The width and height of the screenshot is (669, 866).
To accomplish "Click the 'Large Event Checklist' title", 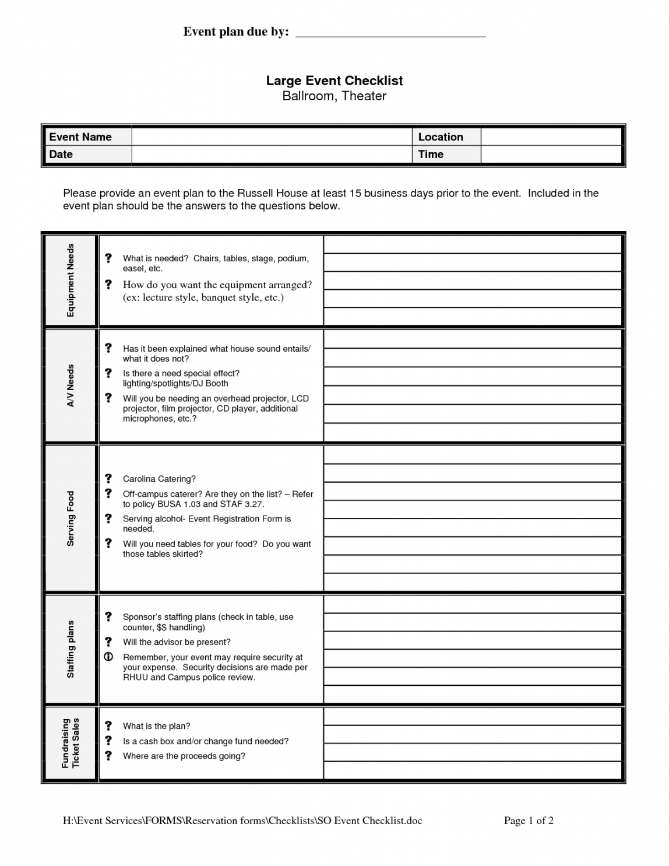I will coord(334,80).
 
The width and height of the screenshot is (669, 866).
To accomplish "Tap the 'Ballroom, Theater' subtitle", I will coord(334,96).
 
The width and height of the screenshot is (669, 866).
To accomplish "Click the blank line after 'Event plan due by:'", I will coord(390,33).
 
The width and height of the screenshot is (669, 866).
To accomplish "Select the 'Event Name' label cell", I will coord(87,137).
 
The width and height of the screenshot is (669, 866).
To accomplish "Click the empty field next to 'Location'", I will coord(551,137).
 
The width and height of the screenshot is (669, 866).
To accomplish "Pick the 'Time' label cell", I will coord(446,155).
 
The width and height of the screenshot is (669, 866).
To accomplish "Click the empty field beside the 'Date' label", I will coord(271,155).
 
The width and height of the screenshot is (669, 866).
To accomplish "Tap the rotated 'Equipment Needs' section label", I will coord(71,281).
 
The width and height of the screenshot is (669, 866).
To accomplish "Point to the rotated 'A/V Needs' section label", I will coord(71,385).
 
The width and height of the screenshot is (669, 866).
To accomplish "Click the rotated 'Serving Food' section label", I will coord(71,518).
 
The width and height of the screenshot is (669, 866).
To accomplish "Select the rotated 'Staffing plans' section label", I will coord(71,649).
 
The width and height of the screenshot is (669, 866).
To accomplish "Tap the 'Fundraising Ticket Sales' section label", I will coord(71,743).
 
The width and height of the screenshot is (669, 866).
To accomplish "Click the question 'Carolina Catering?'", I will coord(159,479).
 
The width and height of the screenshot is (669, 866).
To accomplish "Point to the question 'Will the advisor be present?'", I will coord(177,642).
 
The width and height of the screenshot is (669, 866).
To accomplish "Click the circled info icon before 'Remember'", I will coord(108,657).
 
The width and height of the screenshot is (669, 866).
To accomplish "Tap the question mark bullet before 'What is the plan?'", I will coord(108,726).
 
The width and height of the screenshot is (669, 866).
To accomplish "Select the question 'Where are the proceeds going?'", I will coord(184,756).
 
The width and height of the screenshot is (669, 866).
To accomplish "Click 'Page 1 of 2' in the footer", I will coord(529,821).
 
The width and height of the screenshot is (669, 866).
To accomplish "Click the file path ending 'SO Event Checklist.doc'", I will coord(242,821).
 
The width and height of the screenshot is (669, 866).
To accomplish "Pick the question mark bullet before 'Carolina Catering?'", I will coord(108,479).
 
